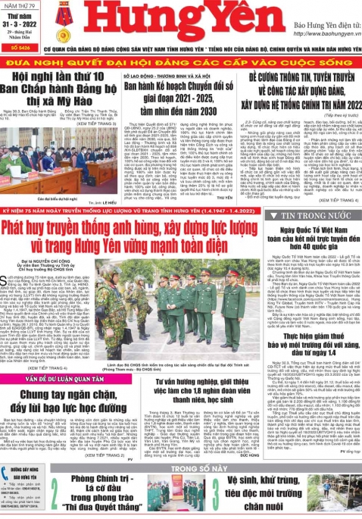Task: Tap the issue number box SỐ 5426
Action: click(x=20, y=48)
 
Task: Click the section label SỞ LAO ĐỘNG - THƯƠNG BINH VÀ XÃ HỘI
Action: click(x=162, y=77)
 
